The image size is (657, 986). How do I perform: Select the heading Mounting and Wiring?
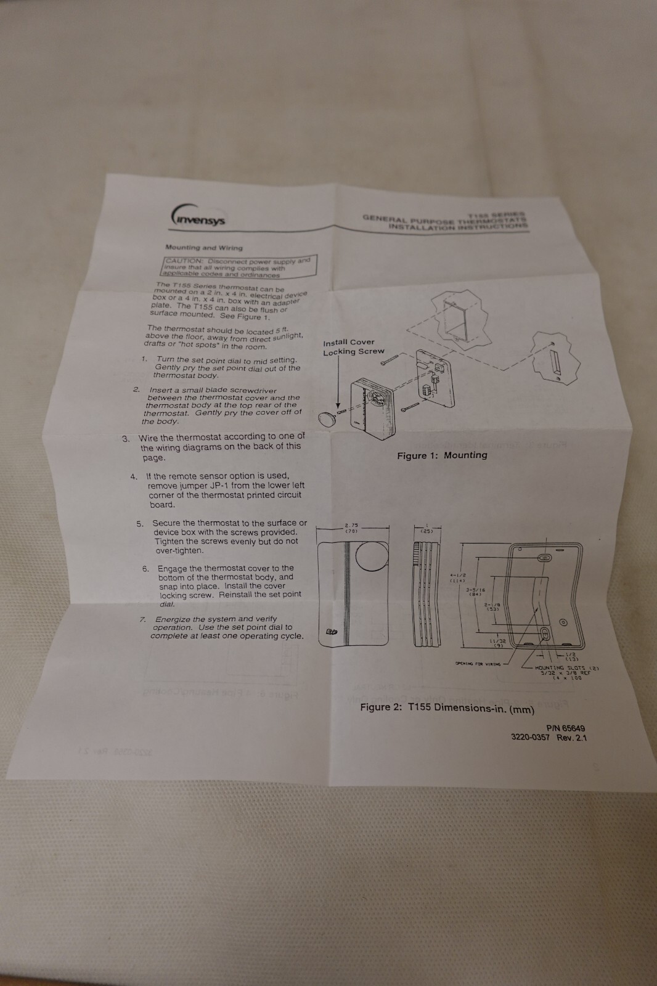pyautogui.click(x=203, y=248)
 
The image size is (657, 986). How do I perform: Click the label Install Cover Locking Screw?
pyautogui.click(x=353, y=347)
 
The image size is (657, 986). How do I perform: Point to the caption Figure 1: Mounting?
pyautogui.click(x=442, y=455)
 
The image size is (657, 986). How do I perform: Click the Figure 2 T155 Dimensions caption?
pyautogui.click(x=447, y=707)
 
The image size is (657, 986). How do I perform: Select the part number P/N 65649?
pyautogui.click(x=565, y=728)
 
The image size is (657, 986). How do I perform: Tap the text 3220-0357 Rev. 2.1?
pyautogui.click(x=549, y=737)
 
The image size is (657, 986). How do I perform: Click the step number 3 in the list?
pyautogui.click(x=126, y=439)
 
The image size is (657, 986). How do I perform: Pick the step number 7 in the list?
pyautogui.click(x=142, y=619)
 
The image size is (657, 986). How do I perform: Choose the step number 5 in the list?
pyautogui.click(x=140, y=524)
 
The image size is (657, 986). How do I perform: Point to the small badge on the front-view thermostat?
pyautogui.click(x=331, y=631)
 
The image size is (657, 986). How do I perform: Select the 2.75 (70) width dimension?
pyautogui.click(x=351, y=528)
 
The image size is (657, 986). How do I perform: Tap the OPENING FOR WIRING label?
pyautogui.click(x=478, y=664)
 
